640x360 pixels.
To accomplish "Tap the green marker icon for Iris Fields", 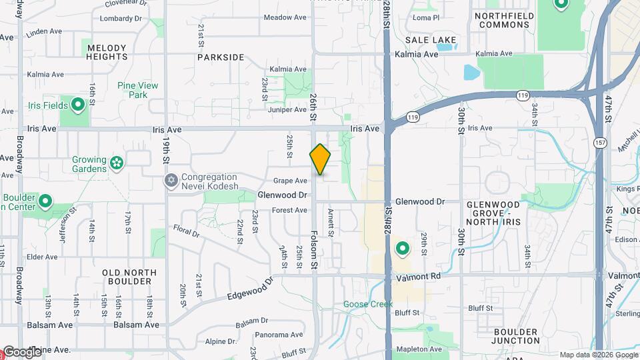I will (77, 105).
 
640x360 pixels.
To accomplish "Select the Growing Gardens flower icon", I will (117, 163).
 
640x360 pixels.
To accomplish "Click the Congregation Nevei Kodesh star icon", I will (171, 181).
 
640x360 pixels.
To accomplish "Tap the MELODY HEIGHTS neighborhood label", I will (107, 52).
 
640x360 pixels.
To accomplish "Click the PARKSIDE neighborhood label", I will (221, 57).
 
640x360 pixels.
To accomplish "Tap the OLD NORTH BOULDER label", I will (129, 277).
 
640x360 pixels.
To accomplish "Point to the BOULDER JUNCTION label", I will (516, 336).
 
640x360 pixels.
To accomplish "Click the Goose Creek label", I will (364, 304).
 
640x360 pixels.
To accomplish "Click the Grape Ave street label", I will (291, 181).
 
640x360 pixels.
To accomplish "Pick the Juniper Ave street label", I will (287, 109).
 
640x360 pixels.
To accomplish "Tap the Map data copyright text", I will (598, 355).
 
